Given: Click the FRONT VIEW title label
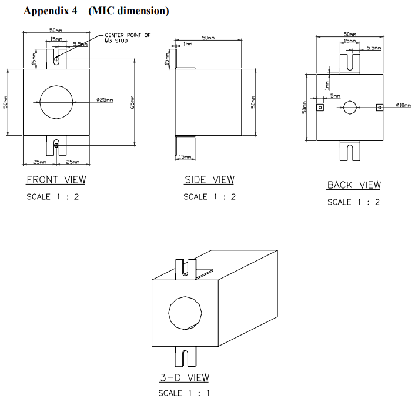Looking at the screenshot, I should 56,180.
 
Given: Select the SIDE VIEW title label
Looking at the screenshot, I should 209,180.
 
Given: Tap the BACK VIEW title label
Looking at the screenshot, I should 354,185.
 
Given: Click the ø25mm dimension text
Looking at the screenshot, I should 104,100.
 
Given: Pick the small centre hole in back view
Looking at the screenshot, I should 350,108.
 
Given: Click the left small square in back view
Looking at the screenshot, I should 320,108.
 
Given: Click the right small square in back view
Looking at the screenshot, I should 380,108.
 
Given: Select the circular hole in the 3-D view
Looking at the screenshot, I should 185,310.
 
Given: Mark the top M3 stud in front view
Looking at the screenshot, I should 56,59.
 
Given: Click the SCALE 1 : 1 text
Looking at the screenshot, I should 183,393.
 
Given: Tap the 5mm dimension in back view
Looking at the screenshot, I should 335,96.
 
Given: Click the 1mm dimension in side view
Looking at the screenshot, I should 188,44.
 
